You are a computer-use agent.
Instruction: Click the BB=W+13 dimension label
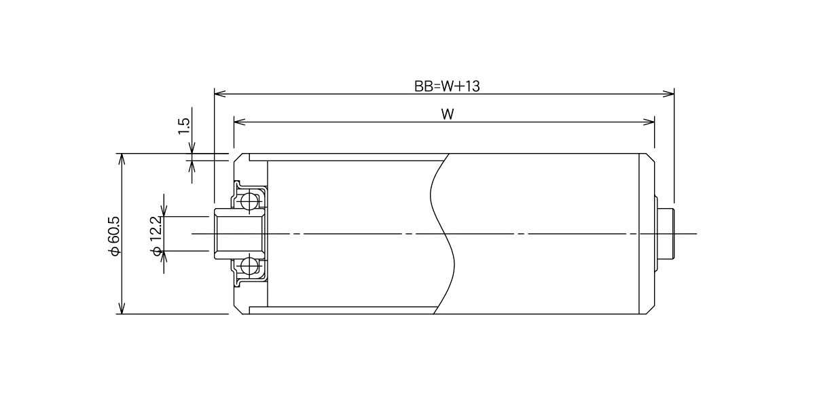coord(447,86)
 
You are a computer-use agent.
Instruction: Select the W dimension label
coord(448,114)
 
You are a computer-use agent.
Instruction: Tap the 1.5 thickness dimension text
coord(184,126)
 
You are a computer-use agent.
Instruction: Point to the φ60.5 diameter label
coord(114,236)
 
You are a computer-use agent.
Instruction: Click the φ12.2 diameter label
coord(156,236)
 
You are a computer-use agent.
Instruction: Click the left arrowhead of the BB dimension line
coord(220,94)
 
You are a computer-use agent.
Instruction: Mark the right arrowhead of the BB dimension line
coord(668,94)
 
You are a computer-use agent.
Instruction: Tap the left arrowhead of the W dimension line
coord(240,122)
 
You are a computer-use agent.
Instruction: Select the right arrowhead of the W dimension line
coord(649,122)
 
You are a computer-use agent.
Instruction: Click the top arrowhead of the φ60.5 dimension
coord(122,160)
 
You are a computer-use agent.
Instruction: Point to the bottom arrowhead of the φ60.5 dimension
coord(122,308)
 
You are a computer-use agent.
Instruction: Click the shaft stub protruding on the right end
coord(666,233)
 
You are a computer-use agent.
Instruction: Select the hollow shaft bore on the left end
coord(239,233)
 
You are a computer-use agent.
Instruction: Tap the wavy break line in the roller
coord(442,233)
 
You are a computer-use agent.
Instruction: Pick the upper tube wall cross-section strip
coord(348,157)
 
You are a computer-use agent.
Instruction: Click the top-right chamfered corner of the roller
coord(650,157)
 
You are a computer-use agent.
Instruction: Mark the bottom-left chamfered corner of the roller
coord(238,310)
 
